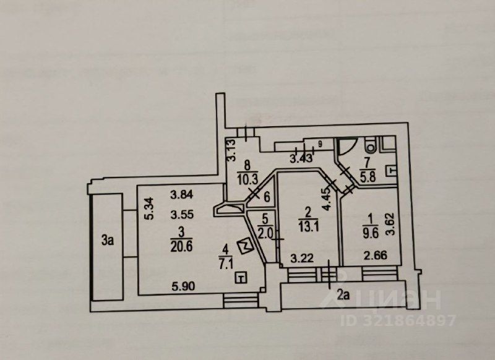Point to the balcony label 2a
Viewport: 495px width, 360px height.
click(343, 295)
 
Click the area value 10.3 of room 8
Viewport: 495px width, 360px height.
click(247, 178)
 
